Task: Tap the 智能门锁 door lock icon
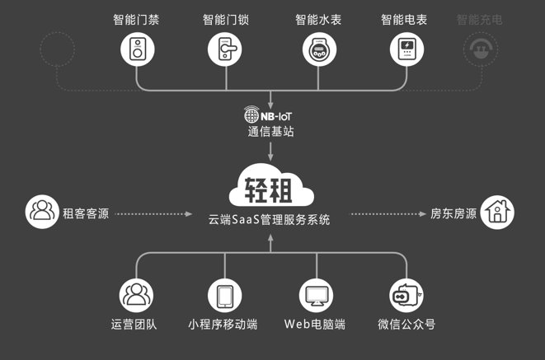pos(225,49)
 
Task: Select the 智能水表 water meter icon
pos(315,49)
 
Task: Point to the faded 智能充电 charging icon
pos(478,49)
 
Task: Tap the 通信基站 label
pos(270,130)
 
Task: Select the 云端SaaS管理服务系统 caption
pos(270,220)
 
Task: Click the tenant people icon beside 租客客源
pos(41,212)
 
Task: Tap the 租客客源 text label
pos(85,213)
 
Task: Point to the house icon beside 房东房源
pos(498,212)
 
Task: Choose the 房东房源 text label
pos(453,213)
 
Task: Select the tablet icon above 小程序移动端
pos(225,294)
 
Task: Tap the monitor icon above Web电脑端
pos(315,294)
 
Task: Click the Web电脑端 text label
pos(315,325)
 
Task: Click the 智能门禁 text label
pos(136,19)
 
